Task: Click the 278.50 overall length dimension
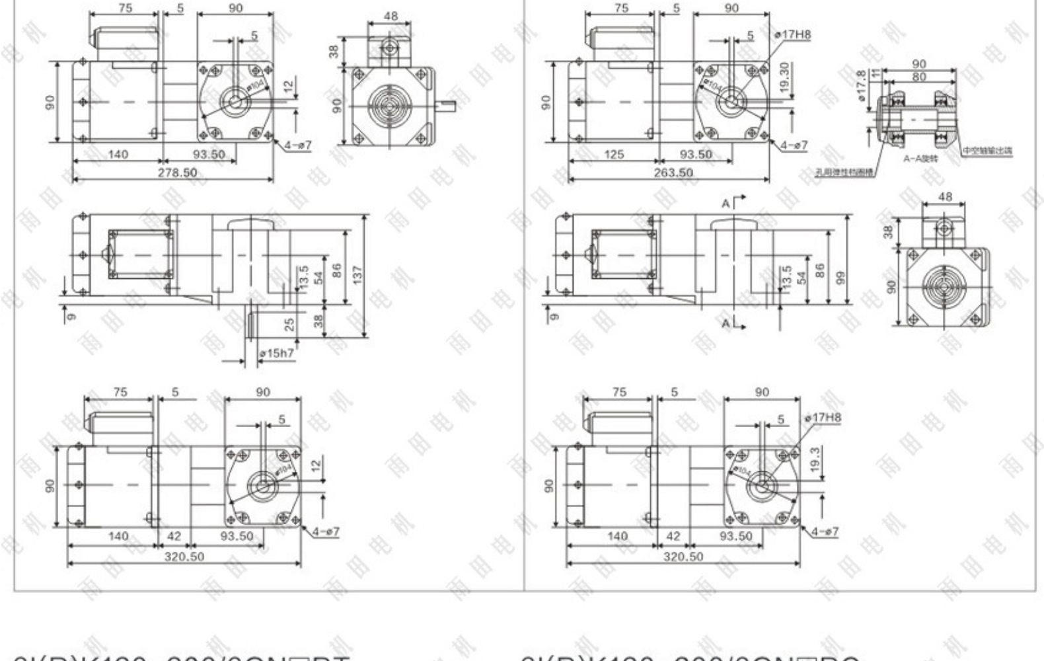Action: (177, 173)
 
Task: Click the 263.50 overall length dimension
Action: (673, 173)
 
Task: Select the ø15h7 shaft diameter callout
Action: (277, 354)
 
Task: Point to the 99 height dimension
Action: (840, 278)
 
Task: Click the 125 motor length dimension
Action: (614, 155)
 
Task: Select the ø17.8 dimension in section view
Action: (861, 86)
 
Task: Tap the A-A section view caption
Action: (920, 159)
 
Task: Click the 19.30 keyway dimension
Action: (785, 78)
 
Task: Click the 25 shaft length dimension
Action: (289, 325)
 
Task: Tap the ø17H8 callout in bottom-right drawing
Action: (823, 418)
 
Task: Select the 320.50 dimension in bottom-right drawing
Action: (683, 557)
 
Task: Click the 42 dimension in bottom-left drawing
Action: (174, 536)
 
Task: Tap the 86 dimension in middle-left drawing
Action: (337, 270)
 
